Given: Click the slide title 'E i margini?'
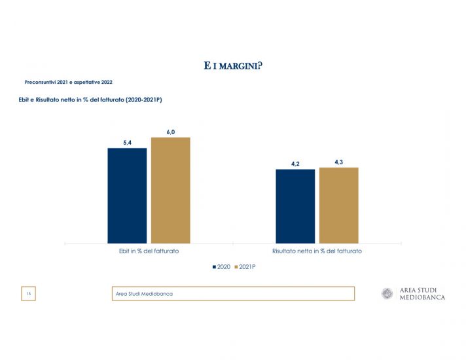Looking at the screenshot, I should [233, 65].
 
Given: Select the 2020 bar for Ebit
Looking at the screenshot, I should [127, 195].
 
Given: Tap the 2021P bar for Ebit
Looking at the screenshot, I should [170, 190].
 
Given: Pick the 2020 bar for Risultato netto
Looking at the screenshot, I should [295, 206].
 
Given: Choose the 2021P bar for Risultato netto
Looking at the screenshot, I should [338, 205].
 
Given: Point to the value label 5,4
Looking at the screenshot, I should [127, 142].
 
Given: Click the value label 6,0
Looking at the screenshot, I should [170, 132].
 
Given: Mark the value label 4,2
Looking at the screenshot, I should [295, 164].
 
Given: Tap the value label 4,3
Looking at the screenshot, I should [338, 162].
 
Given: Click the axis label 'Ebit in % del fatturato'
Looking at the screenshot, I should [149, 251].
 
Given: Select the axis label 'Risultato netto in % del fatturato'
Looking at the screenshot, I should [317, 251].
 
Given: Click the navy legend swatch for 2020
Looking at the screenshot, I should [214, 267].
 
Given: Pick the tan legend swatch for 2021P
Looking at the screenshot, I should [236, 267].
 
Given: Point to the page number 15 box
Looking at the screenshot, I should [28, 294].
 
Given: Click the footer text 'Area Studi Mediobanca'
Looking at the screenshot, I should [144, 294].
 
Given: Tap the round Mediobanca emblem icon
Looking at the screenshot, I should [387, 293].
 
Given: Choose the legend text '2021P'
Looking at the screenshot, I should [247, 267].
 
